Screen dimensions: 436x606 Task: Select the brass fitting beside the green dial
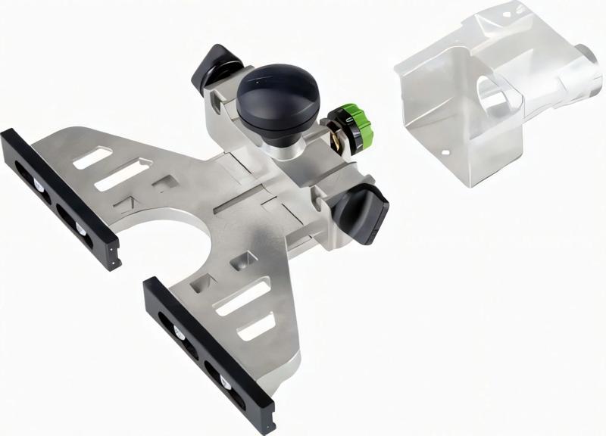334,136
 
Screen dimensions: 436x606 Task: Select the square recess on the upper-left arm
164,182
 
